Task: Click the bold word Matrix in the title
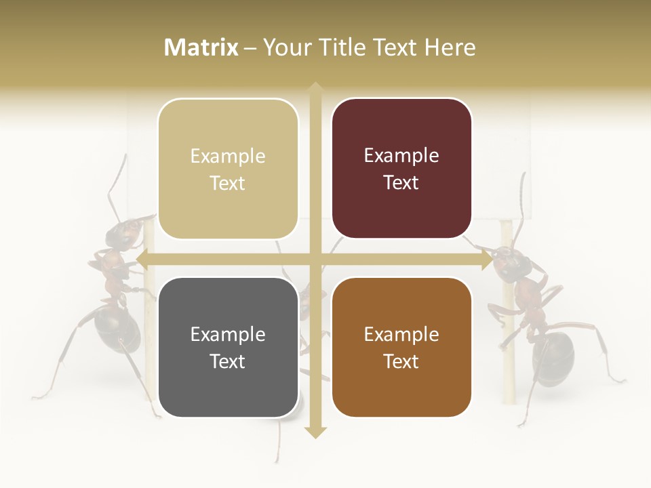click(201, 47)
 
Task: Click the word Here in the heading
click(450, 47)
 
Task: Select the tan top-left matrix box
click(228, 169)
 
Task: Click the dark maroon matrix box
click(401, 169)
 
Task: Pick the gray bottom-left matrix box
click(228, 347)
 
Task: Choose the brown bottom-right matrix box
click(401, 347)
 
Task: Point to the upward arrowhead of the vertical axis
click(315, 87)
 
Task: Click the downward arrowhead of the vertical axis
click(315, 432)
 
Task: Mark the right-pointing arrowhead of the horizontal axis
click(488, 259)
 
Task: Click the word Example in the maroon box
click(401, 156)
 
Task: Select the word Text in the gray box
click(228, 361)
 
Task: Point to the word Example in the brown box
click(401, 334)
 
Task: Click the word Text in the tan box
click(228, 184)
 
